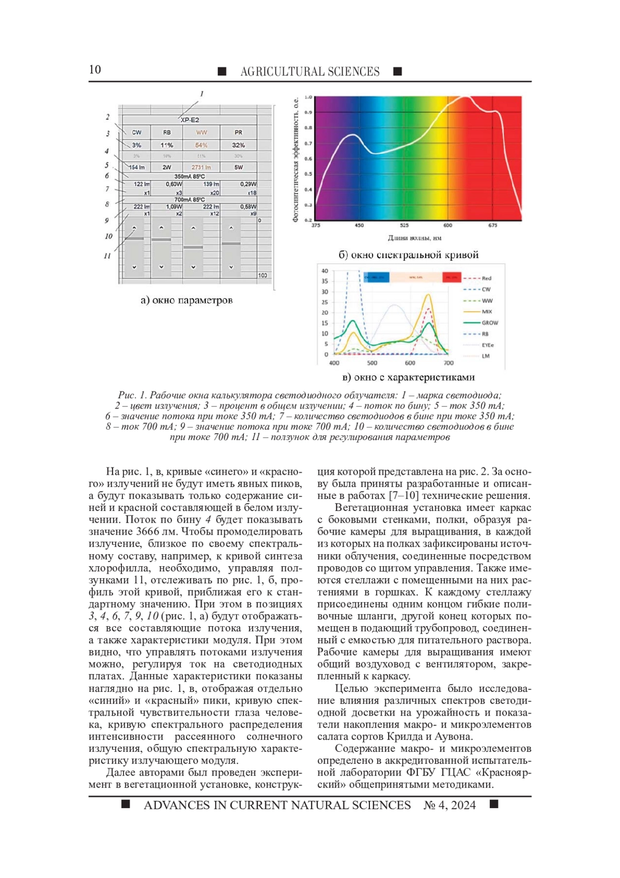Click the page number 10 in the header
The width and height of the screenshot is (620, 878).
(x=95, y=70)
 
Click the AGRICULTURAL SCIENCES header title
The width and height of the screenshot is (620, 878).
(x=309, y=71)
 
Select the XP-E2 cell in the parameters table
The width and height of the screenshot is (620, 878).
(x=190, y=120)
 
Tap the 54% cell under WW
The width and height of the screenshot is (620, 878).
(x=201, y=145)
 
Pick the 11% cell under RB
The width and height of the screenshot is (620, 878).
(x=166, y=145)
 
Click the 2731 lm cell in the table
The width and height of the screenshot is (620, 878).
(x=201, y=168)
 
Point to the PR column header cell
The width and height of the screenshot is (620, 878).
(x=238, y=132)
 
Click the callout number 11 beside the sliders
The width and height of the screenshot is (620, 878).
(x=107, y=255)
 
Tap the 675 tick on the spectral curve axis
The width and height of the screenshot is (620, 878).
(x=492, y=225)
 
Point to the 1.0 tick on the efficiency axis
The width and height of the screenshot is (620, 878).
(x=308, y=97)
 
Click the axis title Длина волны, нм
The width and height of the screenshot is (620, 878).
(x=414, y=238)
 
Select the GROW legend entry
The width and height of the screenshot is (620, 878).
(x=489, y=323)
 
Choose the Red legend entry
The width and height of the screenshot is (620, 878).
(x=486, y=278)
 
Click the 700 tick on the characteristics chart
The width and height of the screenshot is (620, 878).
(x=448, y=363)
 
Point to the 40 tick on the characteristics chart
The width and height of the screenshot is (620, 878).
(x=325, y=270)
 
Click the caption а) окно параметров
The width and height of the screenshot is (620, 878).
(x=187, y=300)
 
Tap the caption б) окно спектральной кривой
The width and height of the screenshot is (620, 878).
(x=408, y=255)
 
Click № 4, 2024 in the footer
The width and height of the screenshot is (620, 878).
(x=450, y=805)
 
